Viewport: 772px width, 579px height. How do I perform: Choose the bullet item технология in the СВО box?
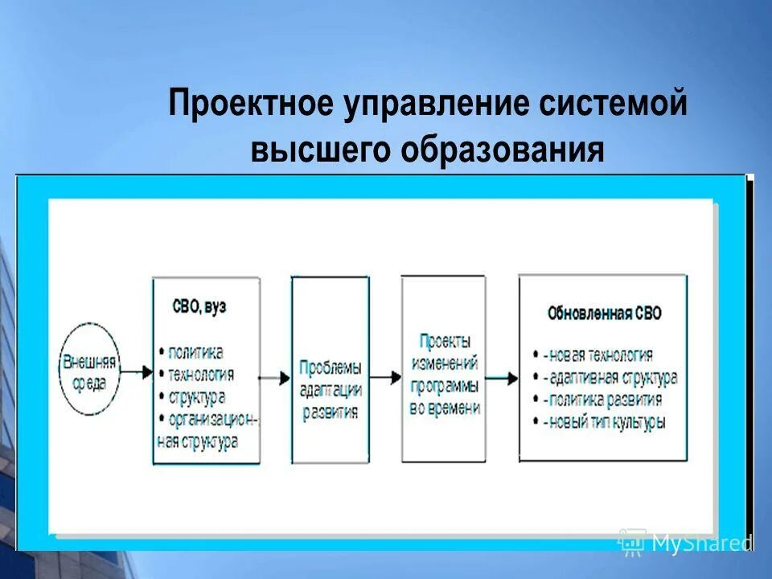pyautogui.click(x=201, y=374)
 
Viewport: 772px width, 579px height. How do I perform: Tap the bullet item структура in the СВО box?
pyautogui.click(x=197, y=396)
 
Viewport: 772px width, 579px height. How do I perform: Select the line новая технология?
pyautogui.click(x=598, y=355)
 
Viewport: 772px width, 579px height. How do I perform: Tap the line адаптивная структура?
pyautogui.click(x=610, y=376)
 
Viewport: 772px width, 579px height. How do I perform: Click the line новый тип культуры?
pyautogui.click(x=604, y=421)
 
